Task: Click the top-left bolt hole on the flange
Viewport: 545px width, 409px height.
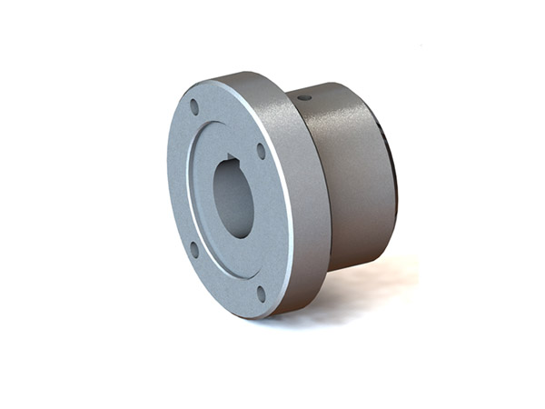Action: (194, 107)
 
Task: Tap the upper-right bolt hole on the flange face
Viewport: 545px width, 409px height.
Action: (261, 151)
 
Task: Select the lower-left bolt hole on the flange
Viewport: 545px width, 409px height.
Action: (193, 248)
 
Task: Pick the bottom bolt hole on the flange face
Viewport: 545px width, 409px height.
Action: (261, 293)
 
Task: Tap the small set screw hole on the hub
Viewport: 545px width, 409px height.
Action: (304, 96)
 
